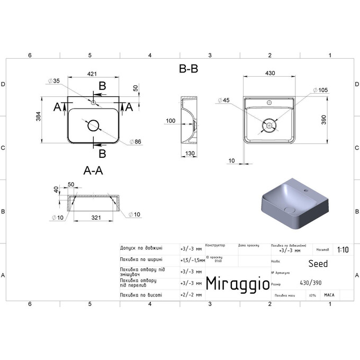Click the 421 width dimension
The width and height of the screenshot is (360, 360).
click(92, 74)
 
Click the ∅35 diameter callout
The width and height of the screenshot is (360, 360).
click(53, 80)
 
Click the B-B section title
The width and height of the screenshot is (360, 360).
click(189, 69)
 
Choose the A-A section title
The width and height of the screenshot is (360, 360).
click(94, 170)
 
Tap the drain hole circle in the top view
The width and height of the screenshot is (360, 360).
click(93, 125)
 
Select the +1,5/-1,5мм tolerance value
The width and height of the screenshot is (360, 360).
click(191, 259)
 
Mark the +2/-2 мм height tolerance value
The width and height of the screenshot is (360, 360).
click(191, 294)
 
